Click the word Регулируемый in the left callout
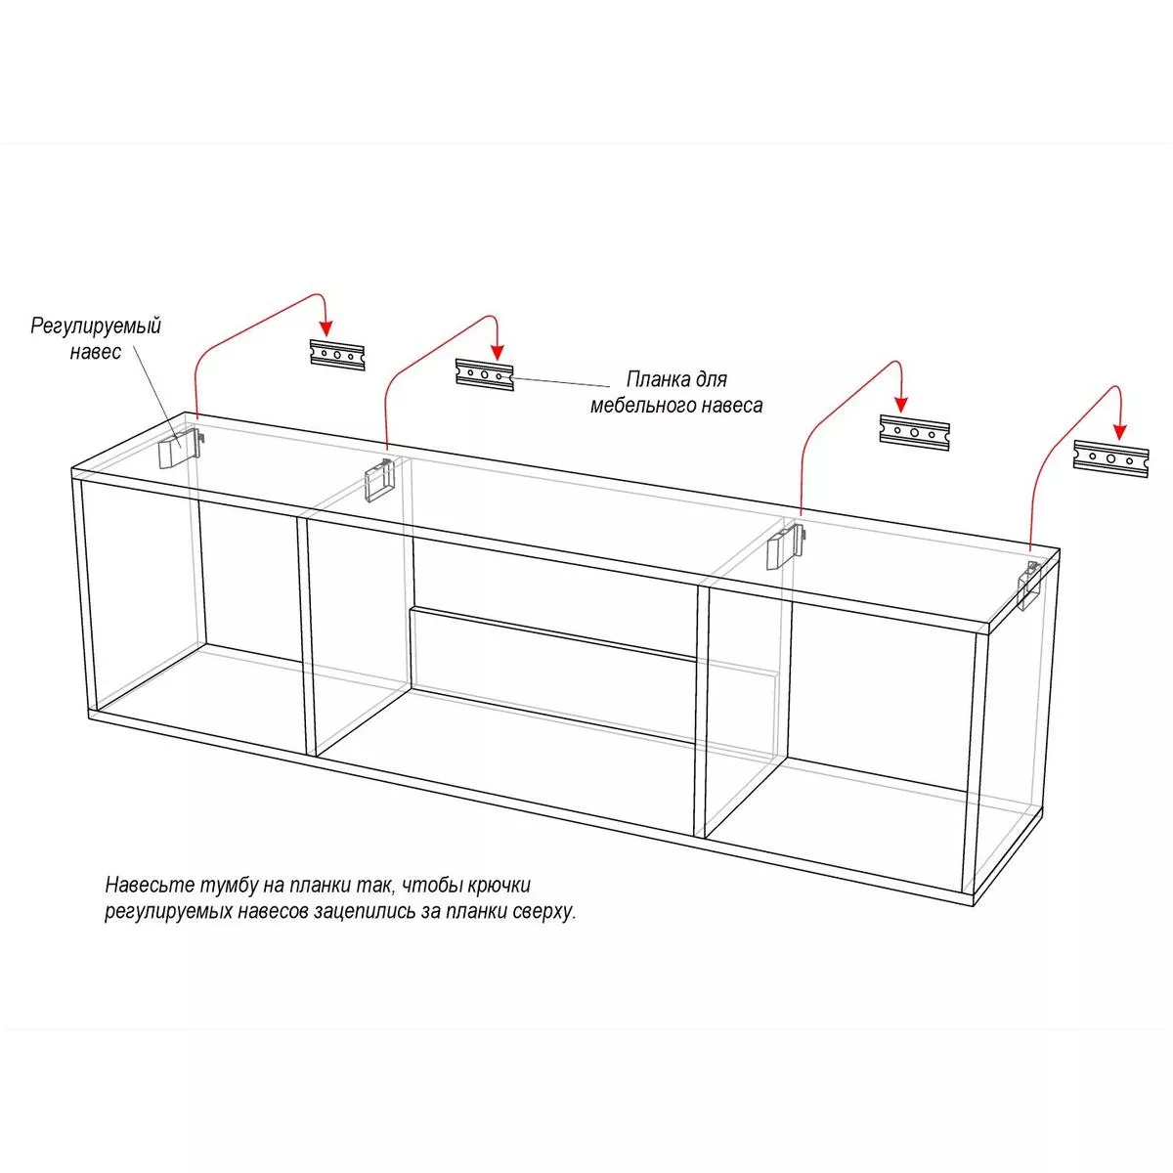pyautogui.click(x=96, y=326)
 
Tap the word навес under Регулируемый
pyautogui.click(x=96, y=353)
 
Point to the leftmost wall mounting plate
pyautogui.click(x=337, y=355)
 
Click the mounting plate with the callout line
pyautogui.click(x=485, y=374)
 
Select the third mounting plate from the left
pyautogui.click(x=914, y=433)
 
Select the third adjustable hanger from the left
pyautogui.click(x=782, y=547)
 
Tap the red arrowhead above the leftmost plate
pyautogui.click(x=326, y=327)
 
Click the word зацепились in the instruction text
pyautogui.click(x=376, y=912)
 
